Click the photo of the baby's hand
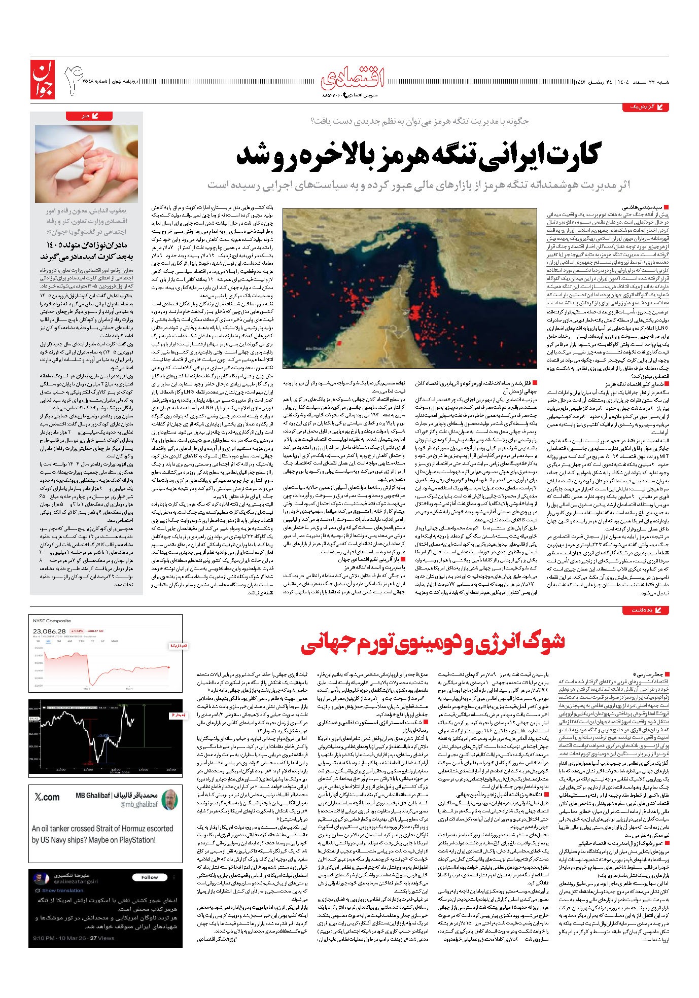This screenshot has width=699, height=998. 87,164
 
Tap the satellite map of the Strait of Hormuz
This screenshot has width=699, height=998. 409,288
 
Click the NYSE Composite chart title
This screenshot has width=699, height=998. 52,621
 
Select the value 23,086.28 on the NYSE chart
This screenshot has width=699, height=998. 50,631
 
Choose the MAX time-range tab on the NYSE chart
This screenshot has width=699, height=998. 115,641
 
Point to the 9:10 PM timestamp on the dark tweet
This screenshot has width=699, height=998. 45,938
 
